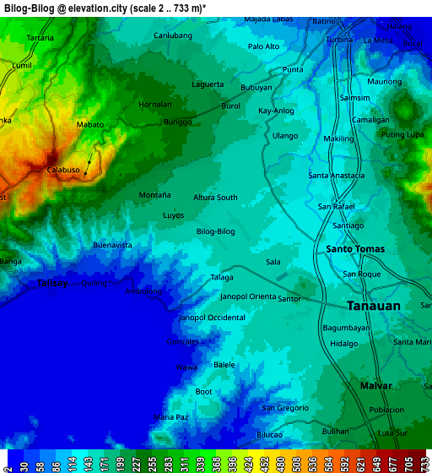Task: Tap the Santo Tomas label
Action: click(x=355, y=249)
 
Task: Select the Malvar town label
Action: click(x=375, y=385)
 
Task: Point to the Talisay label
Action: click(x=52, y=284)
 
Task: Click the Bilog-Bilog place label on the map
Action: click(x=215, y=231)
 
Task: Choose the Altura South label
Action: click(x=215, y=198)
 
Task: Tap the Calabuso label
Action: click(x=63, y=170)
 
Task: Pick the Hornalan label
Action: click(x=154, y=105)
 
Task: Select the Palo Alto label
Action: click(x=264, y=46)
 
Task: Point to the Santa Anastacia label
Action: click(x=337, y=176)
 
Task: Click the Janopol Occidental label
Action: click(x=212, y=318)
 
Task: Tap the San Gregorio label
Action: click(x=284, y=408)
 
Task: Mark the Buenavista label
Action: click(x=112, y=245)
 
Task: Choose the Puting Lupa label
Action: click(x=402, y=135)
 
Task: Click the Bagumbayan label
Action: click(x=345, y=327)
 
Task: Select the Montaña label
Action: click(x=154, y=195)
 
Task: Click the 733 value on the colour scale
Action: click(x=424, y=465)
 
